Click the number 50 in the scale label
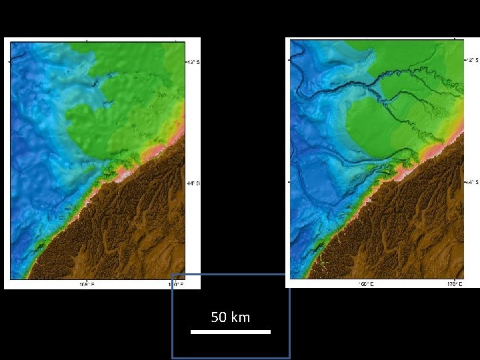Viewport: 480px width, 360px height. [219, 317]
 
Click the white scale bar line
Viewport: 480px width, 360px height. [231, 331]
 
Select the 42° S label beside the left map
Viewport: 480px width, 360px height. [192, 62]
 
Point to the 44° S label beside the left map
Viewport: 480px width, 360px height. [192, 183]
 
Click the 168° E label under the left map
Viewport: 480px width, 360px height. [87, 284]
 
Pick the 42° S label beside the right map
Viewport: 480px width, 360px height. [471, 60]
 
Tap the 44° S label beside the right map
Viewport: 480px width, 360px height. [471, 181]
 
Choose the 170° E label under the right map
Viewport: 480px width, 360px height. [455, 283]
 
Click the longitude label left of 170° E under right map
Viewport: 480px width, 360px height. [366, 283]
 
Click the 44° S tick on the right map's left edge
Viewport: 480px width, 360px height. [288, 181]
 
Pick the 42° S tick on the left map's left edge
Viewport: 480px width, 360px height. [9, 62]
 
